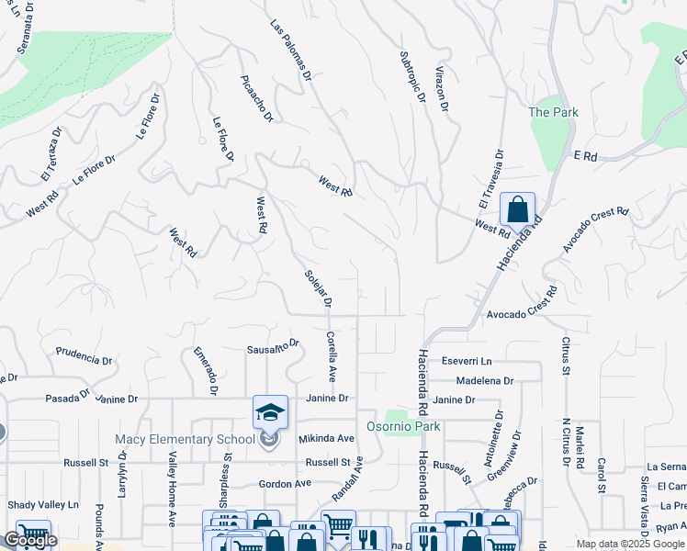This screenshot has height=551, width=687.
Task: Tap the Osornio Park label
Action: [x=403, y=426]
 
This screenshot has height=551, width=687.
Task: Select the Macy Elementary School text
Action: [x=185, y=440]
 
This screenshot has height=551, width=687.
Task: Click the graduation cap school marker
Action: [x=271, y=412]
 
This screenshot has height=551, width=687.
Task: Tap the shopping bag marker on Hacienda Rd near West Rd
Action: [x=517, y=209]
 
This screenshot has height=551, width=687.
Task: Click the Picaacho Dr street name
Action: [x=257, y=98]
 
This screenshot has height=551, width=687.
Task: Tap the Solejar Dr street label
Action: [x=318, y=287]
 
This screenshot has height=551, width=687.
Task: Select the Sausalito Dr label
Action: [x=274, y=347]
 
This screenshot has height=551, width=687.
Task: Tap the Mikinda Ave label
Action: [x=325, y=439]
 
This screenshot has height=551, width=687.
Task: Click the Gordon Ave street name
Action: [x=286, y=484]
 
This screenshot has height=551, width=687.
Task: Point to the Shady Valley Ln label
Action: [x=43, y=505]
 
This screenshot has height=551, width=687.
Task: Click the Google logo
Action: [x=29, y=540]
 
